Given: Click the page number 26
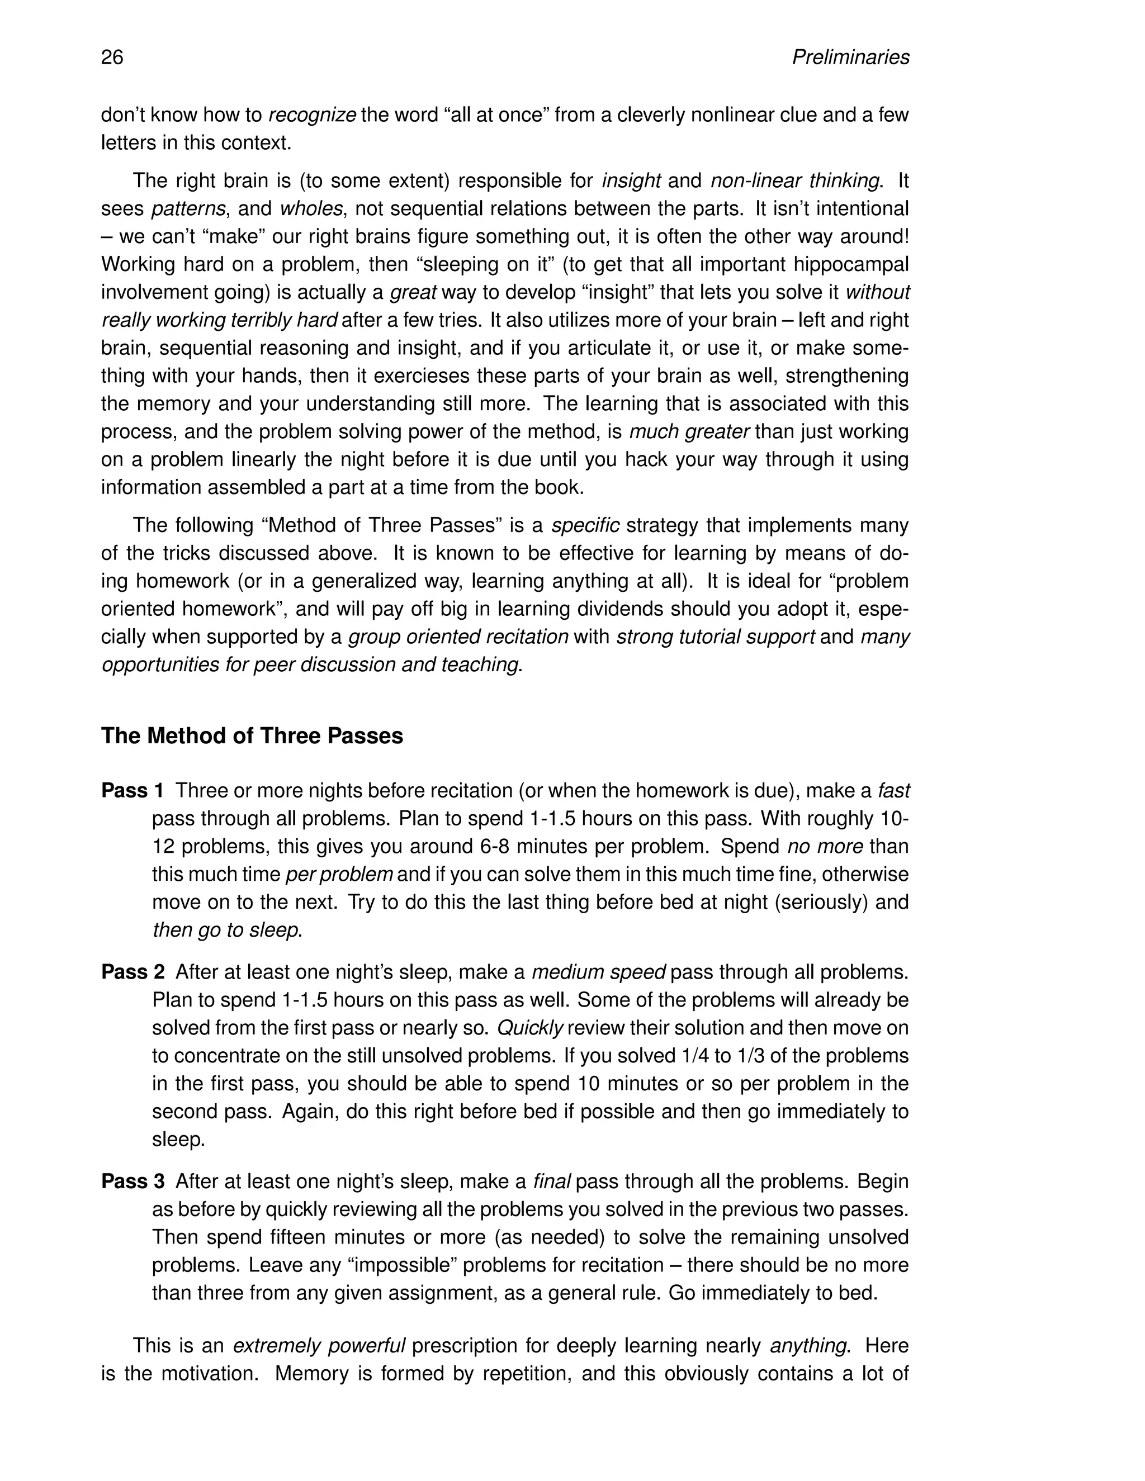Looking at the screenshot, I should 112,57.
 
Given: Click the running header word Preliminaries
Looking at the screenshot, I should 850,57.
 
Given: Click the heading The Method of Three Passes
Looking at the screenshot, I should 252,736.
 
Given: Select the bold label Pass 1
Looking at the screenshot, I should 133,791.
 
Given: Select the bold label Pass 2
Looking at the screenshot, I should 133,972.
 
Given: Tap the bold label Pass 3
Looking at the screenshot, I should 133,1181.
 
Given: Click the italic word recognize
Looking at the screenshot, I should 312,115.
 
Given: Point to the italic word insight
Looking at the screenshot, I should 631,181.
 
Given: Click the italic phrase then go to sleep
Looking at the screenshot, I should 225,930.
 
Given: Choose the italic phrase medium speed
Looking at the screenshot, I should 598,972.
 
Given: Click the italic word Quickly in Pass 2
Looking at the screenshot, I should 530,1028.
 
